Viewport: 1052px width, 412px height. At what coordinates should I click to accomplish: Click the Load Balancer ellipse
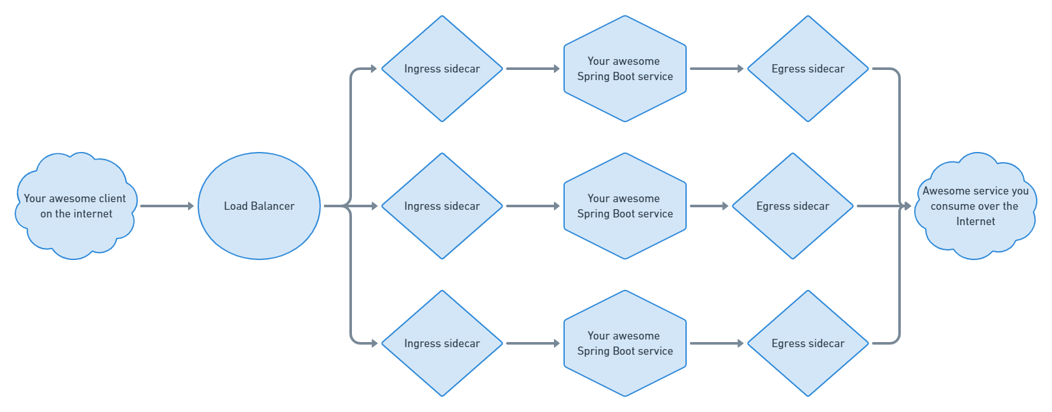click(x=259, y=206)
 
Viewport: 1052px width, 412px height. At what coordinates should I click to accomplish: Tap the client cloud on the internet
click(x=76, y=206)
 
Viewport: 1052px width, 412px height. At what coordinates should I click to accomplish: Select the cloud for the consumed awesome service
click(x=975, y=206)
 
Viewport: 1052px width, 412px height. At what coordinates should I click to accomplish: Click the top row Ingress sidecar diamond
click(x=442, y=69)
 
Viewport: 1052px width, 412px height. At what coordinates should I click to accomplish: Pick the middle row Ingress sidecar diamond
click(x=442, y=206)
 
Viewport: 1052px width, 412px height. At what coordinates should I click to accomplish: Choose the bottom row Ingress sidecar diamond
click(x=442, y=343)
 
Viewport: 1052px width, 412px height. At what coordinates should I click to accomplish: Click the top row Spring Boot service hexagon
click(x=625, y=69)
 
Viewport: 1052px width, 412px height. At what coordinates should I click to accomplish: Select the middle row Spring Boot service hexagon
click(x=625, y=206)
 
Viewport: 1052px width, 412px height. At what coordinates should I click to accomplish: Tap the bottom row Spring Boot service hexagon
click(x=625, y=343)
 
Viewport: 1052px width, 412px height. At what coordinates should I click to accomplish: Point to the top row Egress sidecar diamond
click(x=808, y=69)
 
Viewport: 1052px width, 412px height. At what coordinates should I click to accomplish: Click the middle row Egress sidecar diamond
click(x=793, y=206)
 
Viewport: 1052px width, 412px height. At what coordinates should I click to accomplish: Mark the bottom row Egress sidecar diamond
click(x=808, y=343)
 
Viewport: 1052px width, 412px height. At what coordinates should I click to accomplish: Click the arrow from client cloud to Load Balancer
click(x=167, y=206)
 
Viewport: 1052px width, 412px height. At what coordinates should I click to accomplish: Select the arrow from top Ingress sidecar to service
click(x=533, y=69)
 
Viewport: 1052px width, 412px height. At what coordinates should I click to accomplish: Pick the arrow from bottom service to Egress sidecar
click(x=717, y=343)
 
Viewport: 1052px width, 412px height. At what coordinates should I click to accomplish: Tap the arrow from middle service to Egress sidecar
click(x=709, y=206)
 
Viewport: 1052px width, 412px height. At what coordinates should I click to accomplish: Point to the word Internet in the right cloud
click(x=975, y=221)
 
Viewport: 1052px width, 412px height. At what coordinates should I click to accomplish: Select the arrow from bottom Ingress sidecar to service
click(x=533, y=343)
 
